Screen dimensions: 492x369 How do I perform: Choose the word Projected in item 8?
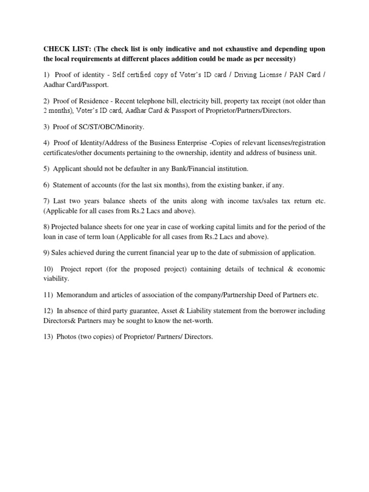[x=70, y=227]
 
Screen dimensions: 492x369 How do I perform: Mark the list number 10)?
[x=49, y=269]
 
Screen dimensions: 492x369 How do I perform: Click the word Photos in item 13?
[x=66, y=337]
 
